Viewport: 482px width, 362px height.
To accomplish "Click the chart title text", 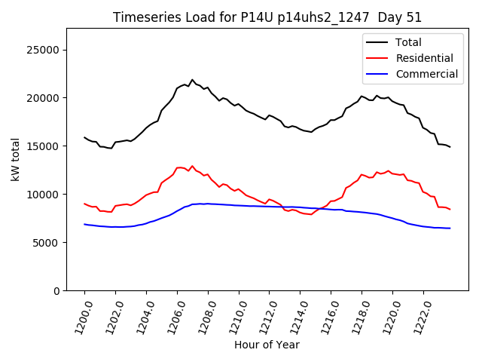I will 267,17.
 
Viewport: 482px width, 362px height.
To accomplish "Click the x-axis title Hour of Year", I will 267,345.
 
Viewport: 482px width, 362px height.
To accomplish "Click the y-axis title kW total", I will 16,159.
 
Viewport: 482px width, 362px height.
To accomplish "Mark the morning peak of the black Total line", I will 192,80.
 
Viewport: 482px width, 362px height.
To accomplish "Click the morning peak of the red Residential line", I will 192,166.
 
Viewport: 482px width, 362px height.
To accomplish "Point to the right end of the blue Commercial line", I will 450,229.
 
